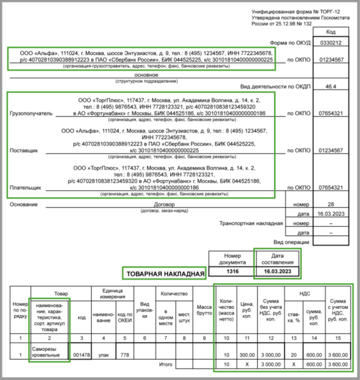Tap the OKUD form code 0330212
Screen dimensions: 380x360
point(331,42)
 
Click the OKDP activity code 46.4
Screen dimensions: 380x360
point(331,86)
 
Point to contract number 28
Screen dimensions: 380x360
point(331,204)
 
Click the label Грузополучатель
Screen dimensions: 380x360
point(31,114)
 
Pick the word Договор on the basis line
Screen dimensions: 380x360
point(164,204)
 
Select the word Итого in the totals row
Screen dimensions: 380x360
point(165,364)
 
